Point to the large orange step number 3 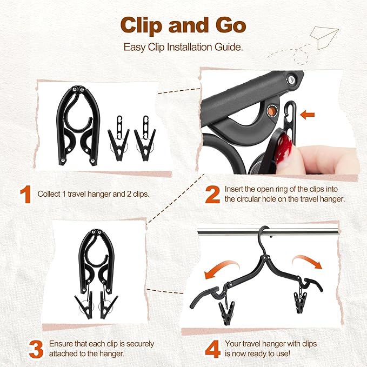click(36, 349)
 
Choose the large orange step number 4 click(212, 349)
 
